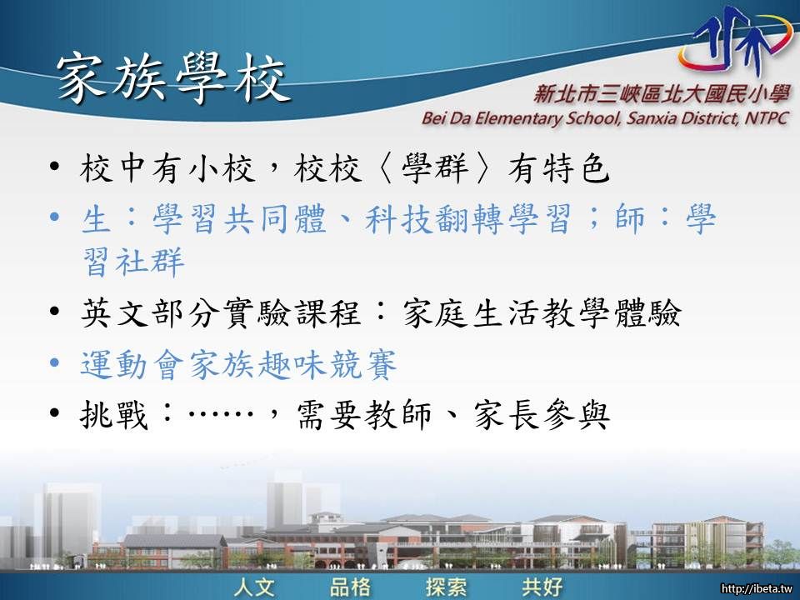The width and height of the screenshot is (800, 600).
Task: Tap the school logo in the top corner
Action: click(736, 41)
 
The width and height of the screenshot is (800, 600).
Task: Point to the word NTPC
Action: click(767, 117)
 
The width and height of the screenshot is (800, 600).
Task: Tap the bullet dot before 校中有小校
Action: click(55, 167)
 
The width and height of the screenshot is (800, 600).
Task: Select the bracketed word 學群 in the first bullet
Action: click(435, 167)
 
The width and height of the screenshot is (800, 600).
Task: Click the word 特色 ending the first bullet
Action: click(576, 167)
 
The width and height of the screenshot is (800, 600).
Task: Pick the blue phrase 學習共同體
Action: click(239, 219)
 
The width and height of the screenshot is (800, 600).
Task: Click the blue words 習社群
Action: click(132, 262)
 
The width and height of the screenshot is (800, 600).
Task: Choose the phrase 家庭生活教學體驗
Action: click(542, 312)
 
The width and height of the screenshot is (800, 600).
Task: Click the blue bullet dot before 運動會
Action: click(55, 362)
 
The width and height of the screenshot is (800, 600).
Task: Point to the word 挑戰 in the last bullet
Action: click(114, 414)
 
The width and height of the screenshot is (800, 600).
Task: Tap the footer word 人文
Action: click(255, 587)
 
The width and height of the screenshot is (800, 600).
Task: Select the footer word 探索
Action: click(446, 587)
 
